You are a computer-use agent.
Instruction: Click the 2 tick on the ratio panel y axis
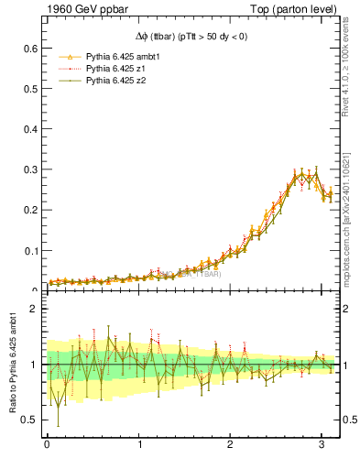click(35, 310)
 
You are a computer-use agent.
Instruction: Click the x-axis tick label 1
click(140, 445)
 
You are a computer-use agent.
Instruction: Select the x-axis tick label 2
click(234, 445)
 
